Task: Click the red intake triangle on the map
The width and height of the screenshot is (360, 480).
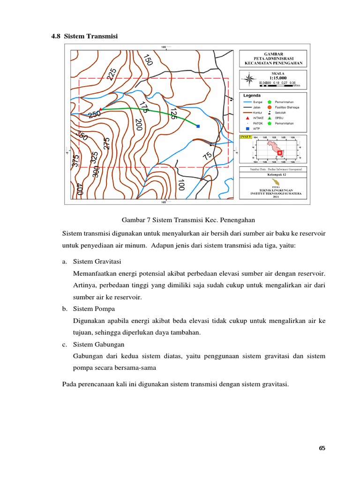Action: pos(100,109)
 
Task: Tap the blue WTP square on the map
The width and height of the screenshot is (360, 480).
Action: pos(198,126)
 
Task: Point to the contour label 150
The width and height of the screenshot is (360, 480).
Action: pos(148,60)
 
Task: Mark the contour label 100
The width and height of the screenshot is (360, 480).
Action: pos(182,185)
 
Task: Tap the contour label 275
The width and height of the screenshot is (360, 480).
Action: pos(106,143)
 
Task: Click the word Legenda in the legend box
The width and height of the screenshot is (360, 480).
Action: pos(252,96)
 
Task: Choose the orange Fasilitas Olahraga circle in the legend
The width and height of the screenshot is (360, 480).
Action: pos(270,107)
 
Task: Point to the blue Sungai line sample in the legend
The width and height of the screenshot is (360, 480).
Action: pos(247,102)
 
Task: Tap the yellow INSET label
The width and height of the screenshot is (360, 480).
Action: pos(245,137)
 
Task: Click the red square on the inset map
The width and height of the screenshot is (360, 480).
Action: pos(280,153)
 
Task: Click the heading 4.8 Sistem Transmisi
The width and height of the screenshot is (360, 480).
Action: pos(84,36)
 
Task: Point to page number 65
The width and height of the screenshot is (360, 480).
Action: pos(322,448)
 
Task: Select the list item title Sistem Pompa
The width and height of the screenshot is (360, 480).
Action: pos(94,309)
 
